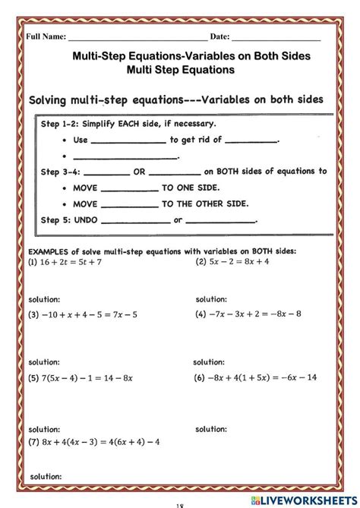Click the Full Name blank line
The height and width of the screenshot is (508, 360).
[x=137, y=37]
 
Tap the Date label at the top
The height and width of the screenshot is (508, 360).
[x=219, y=36]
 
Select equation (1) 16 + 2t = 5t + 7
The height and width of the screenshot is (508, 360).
[x=65, y=262]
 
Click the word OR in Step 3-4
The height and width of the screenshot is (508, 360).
[x=139, y=172]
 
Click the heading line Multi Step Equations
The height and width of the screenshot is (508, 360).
[x=182, y=70]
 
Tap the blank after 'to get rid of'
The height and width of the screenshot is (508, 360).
[x=252, y=140]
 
